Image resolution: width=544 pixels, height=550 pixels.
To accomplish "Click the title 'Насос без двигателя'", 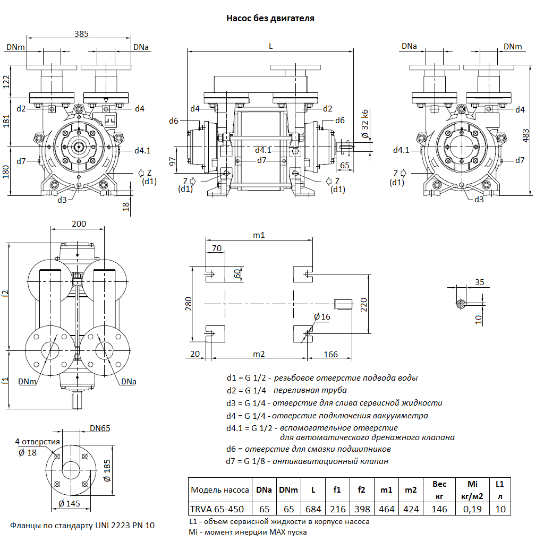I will pyautogui.click(x=270, y=19).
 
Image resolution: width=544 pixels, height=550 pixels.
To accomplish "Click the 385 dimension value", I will pyautogui.click(x=81, y=33).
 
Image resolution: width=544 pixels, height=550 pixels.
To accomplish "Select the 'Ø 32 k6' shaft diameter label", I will pyautogui.click(x=365, y=124).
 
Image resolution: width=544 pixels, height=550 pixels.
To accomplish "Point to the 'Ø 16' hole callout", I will pyautogui.click(x=322, y=317).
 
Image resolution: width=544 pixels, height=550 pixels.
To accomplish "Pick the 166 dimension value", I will pyautogui.click(x=330, y=354).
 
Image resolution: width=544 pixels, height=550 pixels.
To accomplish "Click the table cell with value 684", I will pyautogui.click(x=313, y=509).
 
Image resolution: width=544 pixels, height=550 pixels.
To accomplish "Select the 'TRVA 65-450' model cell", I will pyautogui.click(x=217, y=509).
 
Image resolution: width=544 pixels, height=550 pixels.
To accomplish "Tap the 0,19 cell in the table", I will pyautogui.click(x=472, y=509).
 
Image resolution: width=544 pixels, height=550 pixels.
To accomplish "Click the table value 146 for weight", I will pyautogui.click(x=439, y=509).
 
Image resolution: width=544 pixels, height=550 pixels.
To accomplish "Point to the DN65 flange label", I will pyautogui.click(x=100, y=428).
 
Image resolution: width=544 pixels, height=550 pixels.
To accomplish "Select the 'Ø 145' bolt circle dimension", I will pyautogui.click(x=69, y=503).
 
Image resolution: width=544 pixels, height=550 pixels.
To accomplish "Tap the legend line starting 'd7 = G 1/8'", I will pyautogui.click(x=307, y=461).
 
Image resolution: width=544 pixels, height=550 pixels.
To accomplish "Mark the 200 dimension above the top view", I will pyautogui.click(x=79, y=224).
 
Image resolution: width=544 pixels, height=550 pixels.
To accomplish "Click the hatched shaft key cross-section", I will pyautogui.click(x=461, y=304).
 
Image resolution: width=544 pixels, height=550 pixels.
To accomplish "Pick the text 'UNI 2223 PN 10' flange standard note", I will pyautogui.click(x=125, y=526).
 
